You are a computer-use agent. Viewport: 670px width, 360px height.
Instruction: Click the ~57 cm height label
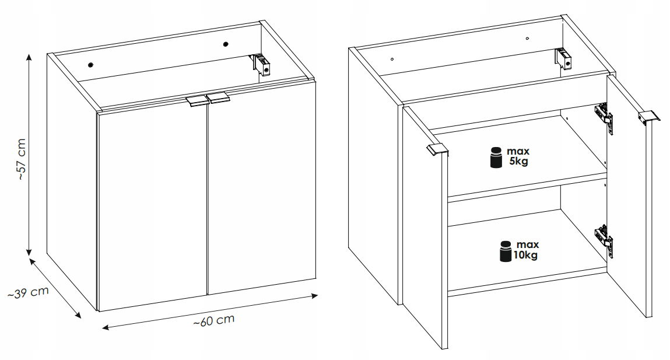(22, 159)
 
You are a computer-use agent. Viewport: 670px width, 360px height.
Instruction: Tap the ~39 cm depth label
(28, 292)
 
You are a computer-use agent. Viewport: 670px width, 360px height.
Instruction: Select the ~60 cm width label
(214, 320)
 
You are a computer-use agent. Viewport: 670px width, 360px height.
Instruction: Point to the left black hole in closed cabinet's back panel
(90, 65)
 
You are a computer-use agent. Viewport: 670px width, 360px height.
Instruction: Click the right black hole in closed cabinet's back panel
(226, 44)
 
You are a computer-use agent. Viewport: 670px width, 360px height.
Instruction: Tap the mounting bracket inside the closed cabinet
(261, 65)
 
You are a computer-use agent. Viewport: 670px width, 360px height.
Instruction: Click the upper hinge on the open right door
(604, 118)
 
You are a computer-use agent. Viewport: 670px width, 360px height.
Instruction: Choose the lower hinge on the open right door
(604, 241)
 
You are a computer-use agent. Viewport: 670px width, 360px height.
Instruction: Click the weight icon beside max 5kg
(496, 158)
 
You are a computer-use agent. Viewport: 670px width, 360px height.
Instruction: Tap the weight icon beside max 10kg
(506, 251)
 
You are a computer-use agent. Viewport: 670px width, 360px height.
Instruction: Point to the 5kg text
(518, 162)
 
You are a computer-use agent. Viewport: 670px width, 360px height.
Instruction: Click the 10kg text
(525, 255)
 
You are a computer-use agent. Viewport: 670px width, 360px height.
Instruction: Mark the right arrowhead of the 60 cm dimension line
(314, 295)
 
